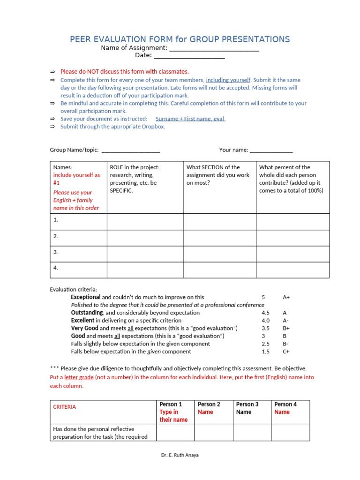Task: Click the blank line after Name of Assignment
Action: [214, 49]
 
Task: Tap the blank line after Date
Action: [189, 57]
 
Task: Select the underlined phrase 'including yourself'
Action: [228, 80]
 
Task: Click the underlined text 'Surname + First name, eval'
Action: [190, 119]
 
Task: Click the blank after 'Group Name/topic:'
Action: [130, 151]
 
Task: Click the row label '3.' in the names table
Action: [56, 252]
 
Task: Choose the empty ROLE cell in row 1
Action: [145, 221]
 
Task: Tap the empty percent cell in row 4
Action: [292, 270]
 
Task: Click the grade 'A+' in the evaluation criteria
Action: [286, 297]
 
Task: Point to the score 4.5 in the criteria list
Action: [265, 313]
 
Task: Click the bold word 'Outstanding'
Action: [87, 313]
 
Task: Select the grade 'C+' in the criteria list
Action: [285, 352]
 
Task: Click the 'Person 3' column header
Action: [247, 404]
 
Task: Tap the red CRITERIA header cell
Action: [65, 407]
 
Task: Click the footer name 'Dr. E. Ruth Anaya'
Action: [180, 455]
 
